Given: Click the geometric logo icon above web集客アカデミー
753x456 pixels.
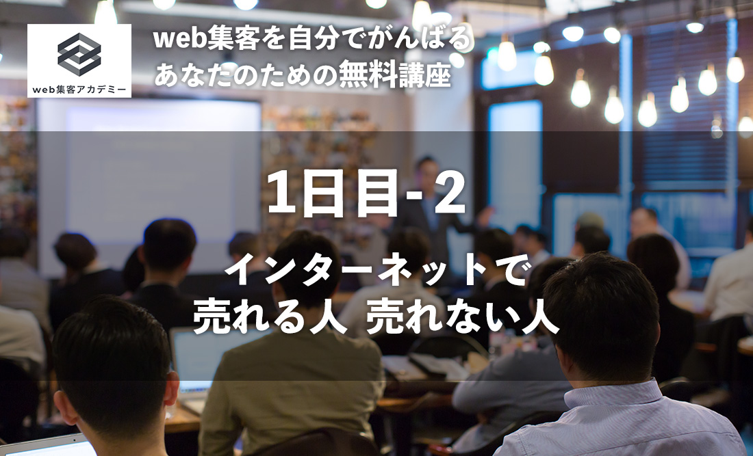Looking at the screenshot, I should [79, 54].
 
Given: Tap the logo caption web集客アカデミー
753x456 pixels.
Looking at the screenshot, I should [79, 88].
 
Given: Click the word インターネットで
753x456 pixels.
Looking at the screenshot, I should [376, 274].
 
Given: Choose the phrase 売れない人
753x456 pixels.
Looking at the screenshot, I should [463, 319].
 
